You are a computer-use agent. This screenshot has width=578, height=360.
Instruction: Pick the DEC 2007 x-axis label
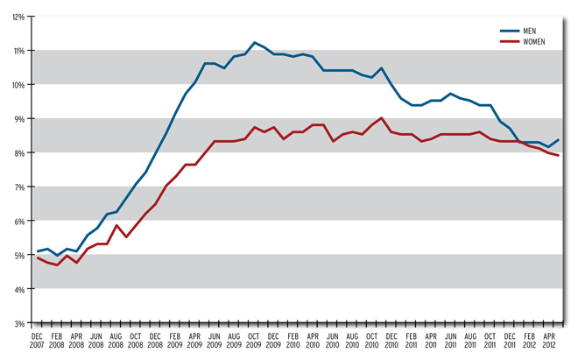[38, 339]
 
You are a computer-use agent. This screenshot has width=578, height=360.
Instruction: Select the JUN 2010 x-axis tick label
[333, 339]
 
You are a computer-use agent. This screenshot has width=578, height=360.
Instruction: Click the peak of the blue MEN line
[254, 42]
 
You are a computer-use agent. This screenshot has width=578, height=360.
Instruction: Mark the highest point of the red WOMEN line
[381, 117]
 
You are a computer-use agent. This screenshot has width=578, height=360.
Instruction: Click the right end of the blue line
[559, 139]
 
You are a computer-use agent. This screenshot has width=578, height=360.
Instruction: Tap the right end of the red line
[559, 155]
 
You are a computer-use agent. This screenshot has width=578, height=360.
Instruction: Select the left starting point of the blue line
[38, 251]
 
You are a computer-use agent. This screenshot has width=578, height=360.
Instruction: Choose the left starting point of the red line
[38, 258]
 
